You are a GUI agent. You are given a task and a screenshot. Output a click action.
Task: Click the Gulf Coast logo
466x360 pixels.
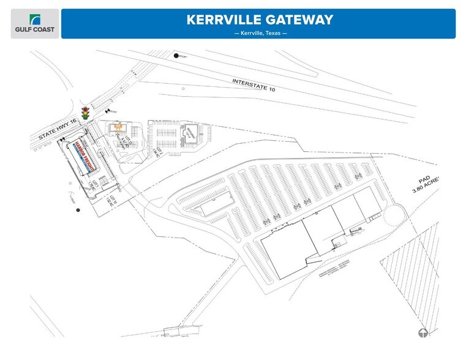click(x=35, y=23)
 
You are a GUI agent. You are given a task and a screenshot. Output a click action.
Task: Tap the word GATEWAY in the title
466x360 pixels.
click(x=303, y=20)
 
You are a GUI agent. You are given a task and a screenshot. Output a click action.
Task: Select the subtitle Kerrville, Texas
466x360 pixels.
click(x=260, y=33)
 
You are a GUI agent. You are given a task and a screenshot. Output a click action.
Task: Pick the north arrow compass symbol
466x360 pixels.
click(x=423, y=333)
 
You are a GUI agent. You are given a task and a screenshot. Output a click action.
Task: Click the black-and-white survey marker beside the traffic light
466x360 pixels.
click(x=108, y=111)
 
